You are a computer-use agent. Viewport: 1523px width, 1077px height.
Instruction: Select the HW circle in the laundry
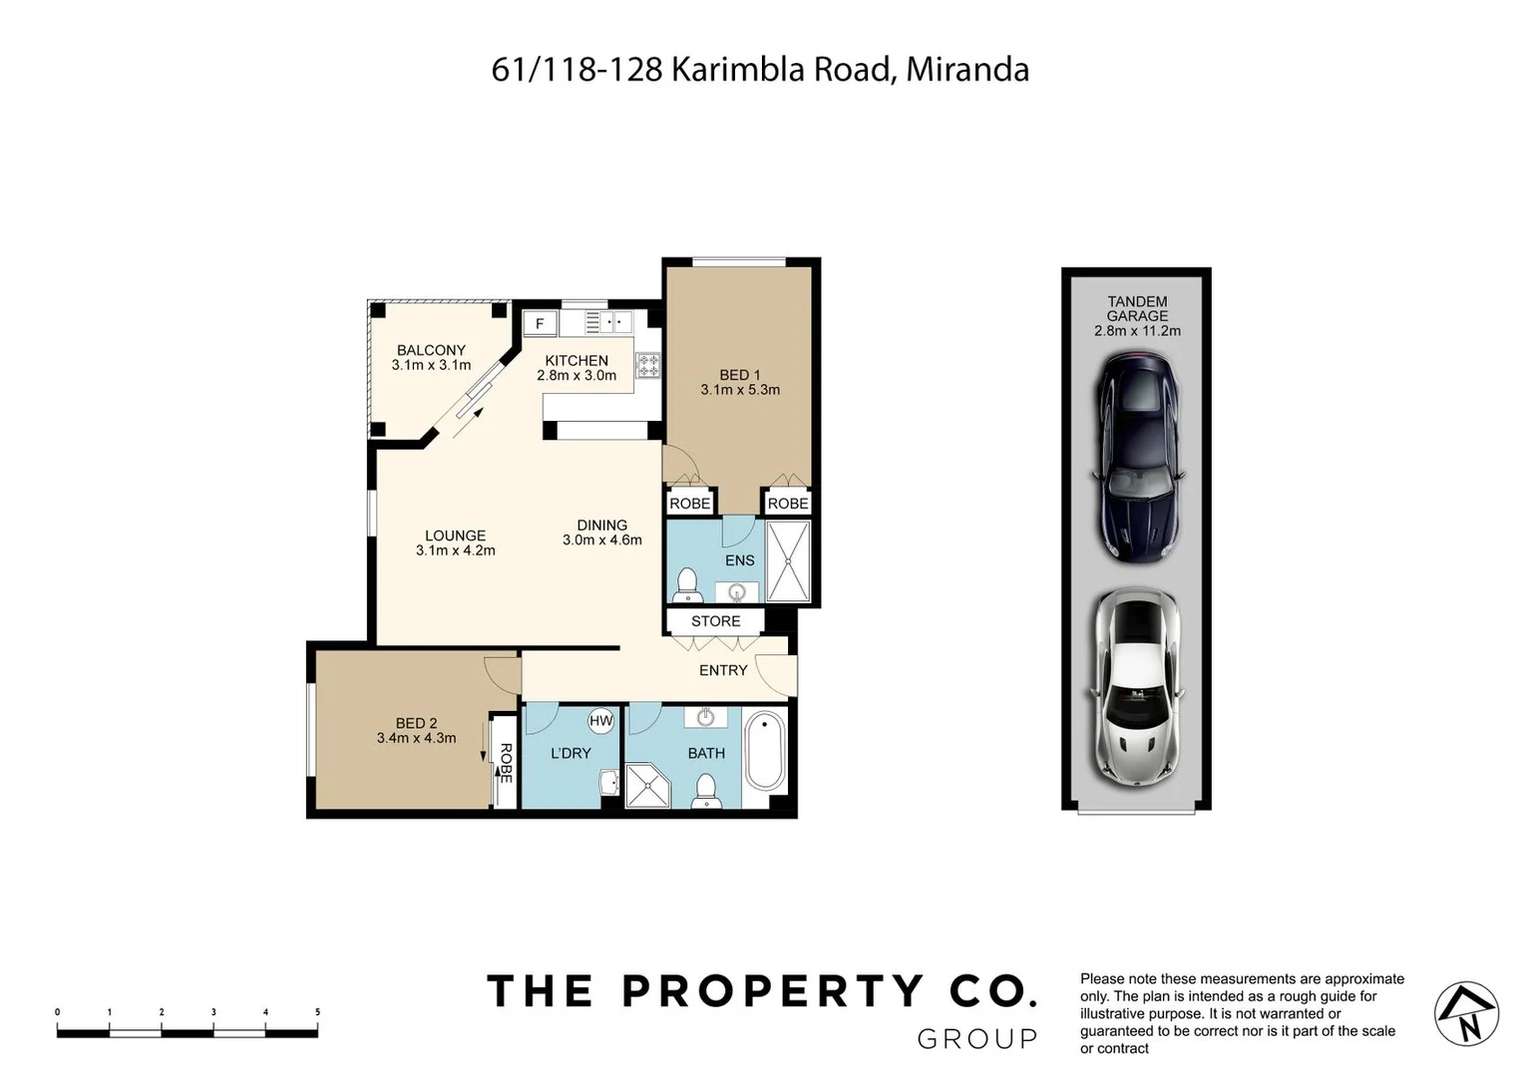click(x=600, y=721)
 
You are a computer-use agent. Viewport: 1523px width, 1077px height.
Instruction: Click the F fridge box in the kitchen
click(x=540, y=324)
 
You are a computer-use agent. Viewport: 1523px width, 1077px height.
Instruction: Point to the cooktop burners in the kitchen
click(x=648, y=365)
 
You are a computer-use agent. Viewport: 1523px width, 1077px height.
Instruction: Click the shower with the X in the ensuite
click(x=788, y=561)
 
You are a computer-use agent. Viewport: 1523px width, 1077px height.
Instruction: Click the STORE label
click(x=715, y=621)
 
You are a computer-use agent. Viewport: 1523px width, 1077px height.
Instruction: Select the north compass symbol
click(x=1466, y=1014)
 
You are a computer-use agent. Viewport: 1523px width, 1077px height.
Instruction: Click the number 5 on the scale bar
click(x=317, y=1012)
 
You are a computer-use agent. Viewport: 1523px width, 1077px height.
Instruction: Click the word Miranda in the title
click(x=966, y=70)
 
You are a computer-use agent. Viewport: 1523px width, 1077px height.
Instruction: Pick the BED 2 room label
click(x=416, y=724)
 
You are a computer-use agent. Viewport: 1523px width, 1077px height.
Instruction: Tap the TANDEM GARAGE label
click(x=1137, y=308)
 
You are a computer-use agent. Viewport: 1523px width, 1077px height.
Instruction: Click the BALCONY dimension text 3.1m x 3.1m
click(x=431, y=365)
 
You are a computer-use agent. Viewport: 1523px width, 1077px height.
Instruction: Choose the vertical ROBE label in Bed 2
click(x=506, y=763)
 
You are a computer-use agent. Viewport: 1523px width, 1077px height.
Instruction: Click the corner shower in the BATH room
click(x=646, y=785)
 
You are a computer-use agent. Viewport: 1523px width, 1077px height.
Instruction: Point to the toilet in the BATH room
click(x=706, y=790)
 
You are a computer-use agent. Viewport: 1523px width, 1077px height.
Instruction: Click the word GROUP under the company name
click(x=976, y=1039)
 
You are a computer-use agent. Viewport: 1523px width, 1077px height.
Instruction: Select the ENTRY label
click(x=723, y=670)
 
